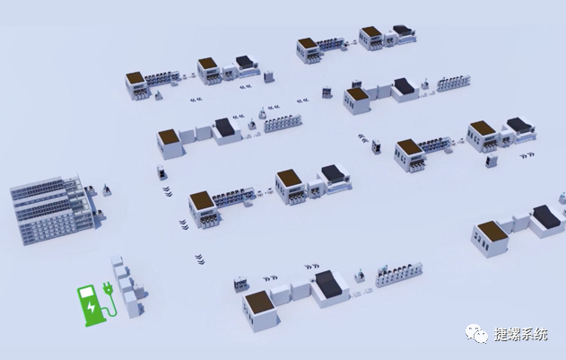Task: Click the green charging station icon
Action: tap(97, 304)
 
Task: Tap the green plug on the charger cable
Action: tap(108, 288)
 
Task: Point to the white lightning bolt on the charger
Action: tap(91, 306)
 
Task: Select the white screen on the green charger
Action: tap(86, 292)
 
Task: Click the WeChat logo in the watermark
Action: tap(476, 333)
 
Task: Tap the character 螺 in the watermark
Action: tap(514, 334)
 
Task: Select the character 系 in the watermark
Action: tap(527, 334)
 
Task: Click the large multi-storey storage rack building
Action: tap(54, 209)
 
